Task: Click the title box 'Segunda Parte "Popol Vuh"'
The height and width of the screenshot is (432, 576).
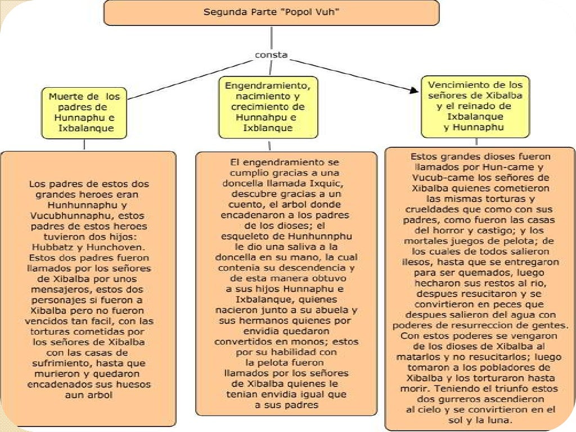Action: pos(271,12)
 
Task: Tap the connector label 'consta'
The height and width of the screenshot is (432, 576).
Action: pos(271,55)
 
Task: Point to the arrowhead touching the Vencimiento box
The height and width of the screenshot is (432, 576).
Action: pos(415,89)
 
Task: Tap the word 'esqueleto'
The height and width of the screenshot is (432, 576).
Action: pos(245,236)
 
